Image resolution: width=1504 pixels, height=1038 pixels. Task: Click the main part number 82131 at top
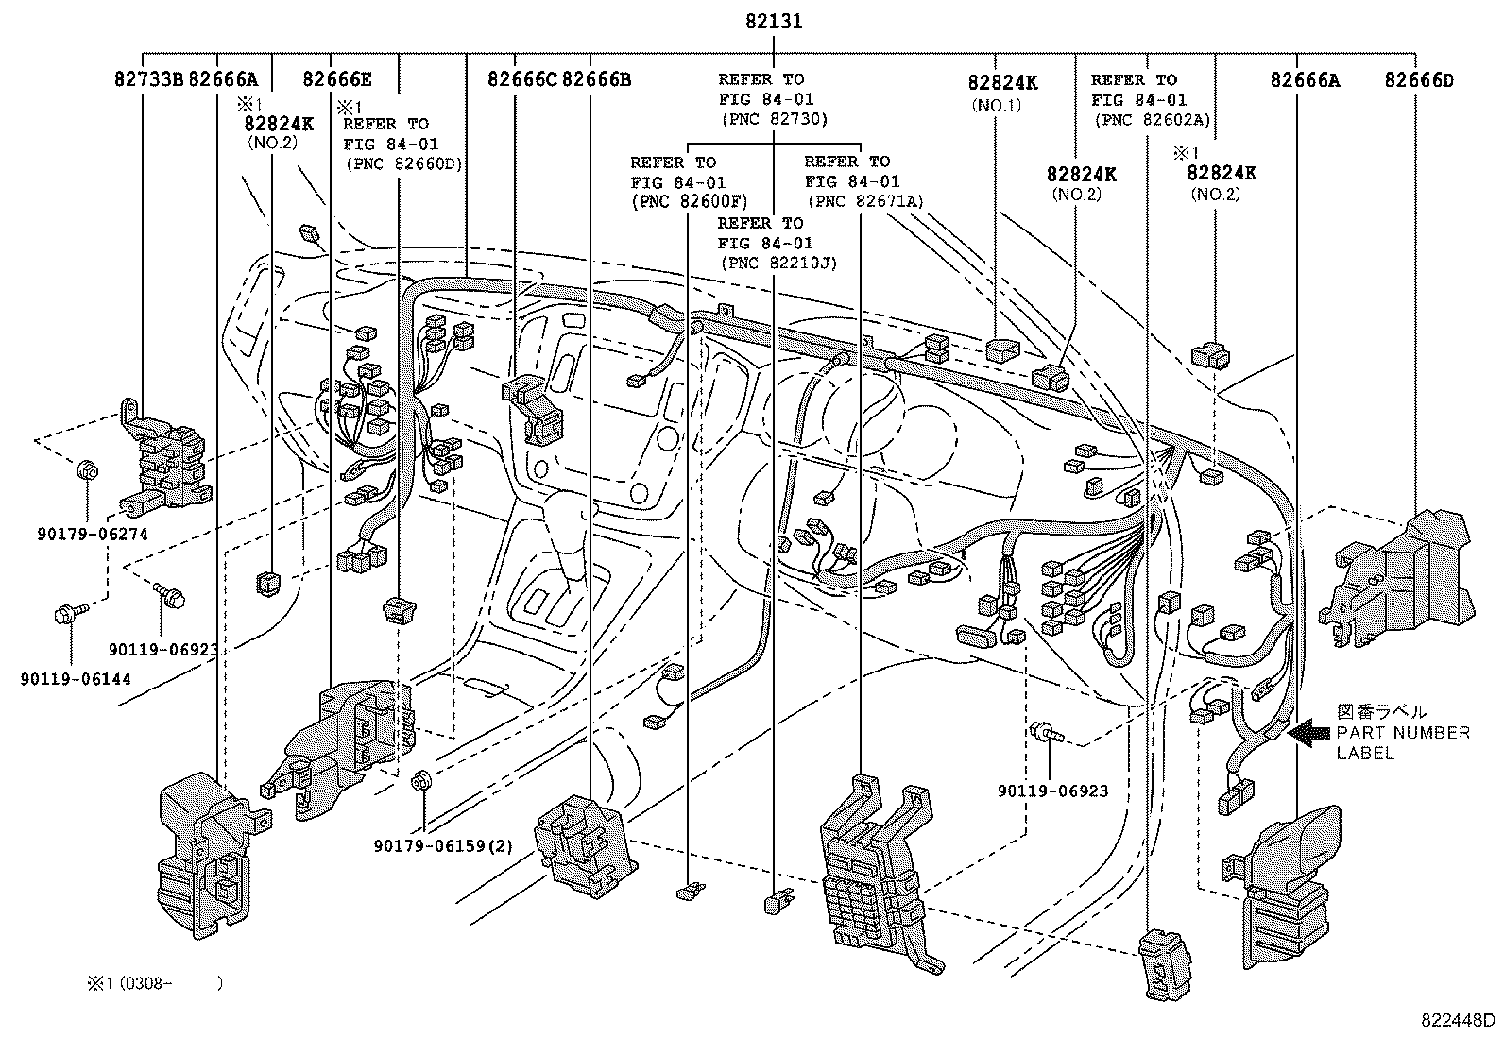tap(773, 21)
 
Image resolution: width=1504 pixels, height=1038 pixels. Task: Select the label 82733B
tap(148, 80)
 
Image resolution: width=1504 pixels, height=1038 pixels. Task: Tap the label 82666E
tap(336, 80)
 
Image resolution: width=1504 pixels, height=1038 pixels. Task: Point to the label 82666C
tap(522, 80)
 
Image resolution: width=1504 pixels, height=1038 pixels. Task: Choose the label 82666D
tap(1419, 80)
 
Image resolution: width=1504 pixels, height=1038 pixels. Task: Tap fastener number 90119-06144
tap(75, 678)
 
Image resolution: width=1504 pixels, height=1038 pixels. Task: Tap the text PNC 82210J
tap(778, 263)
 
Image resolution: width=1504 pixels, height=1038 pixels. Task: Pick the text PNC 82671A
tap(864, 201)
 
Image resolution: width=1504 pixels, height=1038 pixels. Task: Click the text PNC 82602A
tap(1151, 120)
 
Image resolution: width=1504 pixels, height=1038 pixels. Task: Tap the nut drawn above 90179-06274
tap(86, 468)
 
